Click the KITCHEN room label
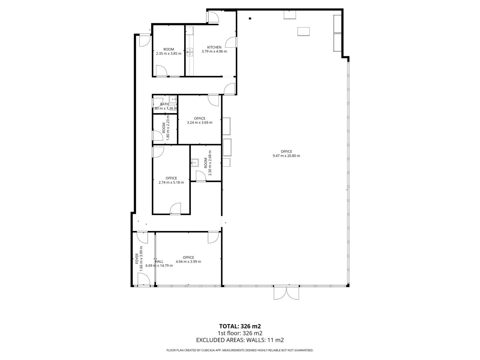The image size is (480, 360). tap(214, 47)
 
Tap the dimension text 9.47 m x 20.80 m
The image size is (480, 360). tap(286, 156)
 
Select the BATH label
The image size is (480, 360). tap(164, 104)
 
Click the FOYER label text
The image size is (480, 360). tap(137, 259)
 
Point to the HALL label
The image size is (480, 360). tap(159, 261)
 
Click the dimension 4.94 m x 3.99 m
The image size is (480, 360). tap(188, 262)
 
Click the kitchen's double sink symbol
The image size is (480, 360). tap(190, 52)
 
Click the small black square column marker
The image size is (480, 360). tap(250, 19)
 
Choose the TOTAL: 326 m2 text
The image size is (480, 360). tap(238, 326)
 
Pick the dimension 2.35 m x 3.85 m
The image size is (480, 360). tap(169, 54)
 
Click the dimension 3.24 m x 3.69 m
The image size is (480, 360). tap(199, 122)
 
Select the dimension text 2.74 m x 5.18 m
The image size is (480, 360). tap(171, 182)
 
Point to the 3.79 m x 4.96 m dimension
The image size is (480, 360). tap(214, 51)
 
